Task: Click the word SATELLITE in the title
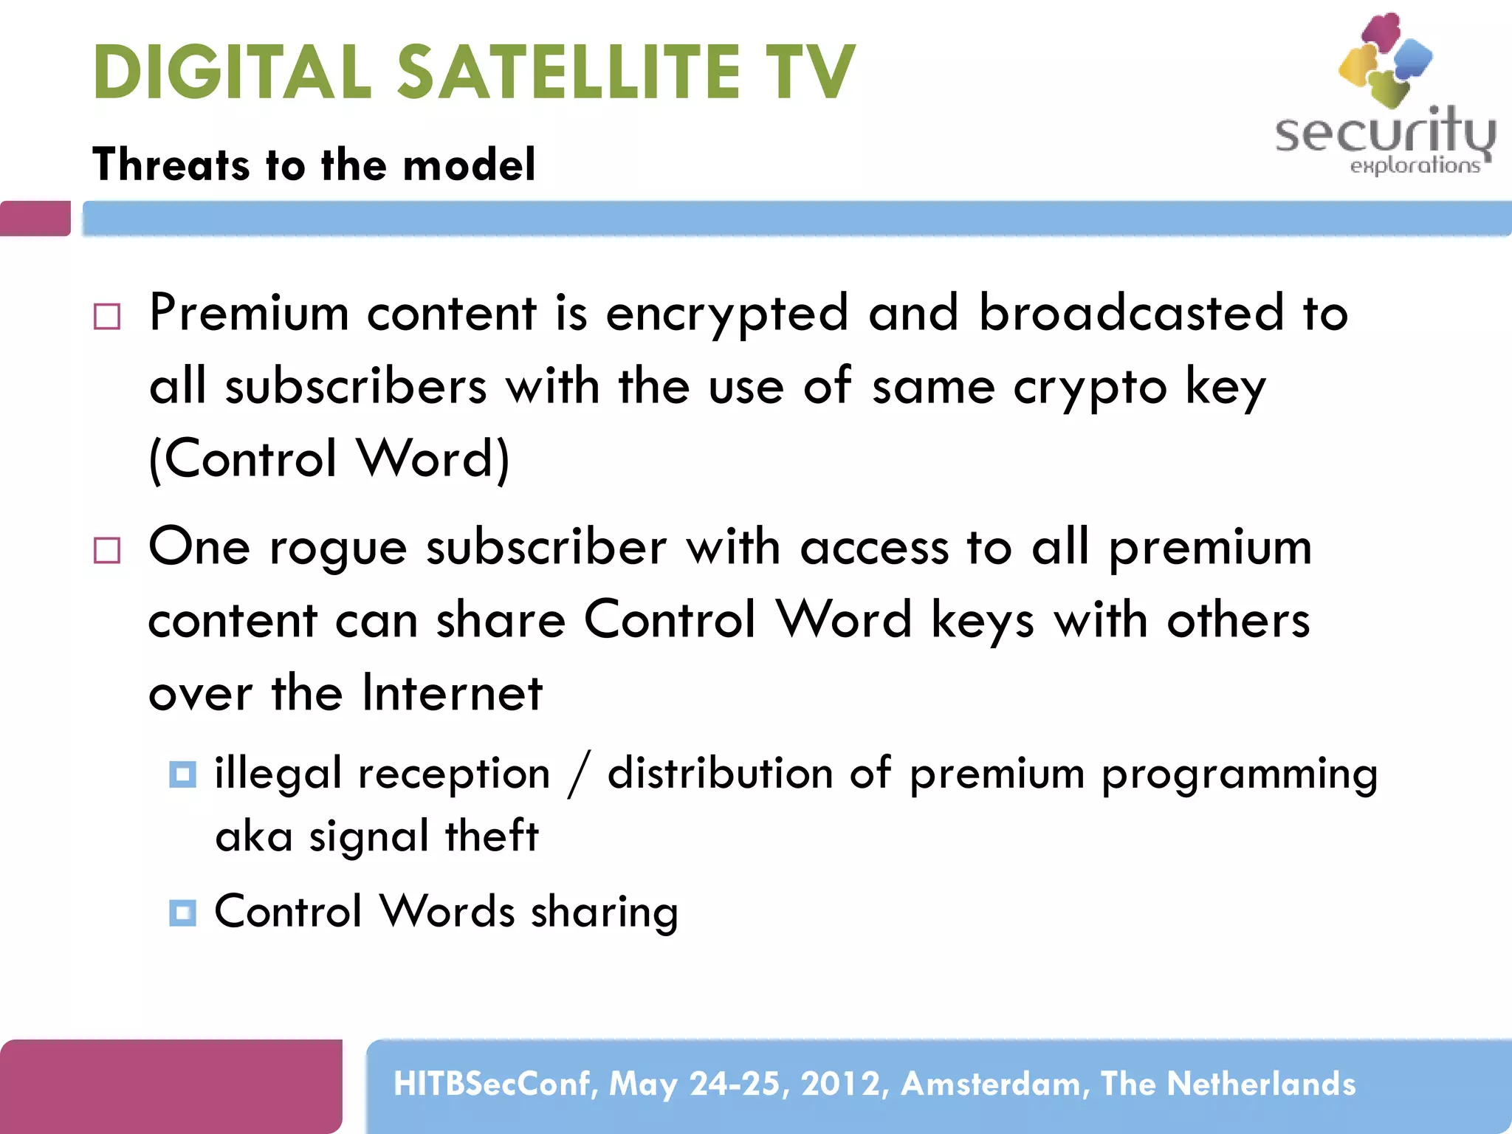(568, 72)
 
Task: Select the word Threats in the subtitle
(171, 164)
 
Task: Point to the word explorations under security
(1415, 165)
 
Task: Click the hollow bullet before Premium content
(107, 317)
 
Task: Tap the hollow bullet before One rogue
(107, 550)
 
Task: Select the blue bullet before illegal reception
(182, 774)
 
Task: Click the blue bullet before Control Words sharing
(182, 913)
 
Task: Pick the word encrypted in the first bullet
(726, 314)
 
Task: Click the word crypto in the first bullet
(1090, 388)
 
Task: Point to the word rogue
(337, 549)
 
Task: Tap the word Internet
(452, 693)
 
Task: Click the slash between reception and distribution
(579, 774)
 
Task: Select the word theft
(492, 836)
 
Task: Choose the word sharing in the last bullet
(604, 913)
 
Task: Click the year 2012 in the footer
(841, 1084)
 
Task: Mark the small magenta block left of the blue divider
(35, 219)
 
